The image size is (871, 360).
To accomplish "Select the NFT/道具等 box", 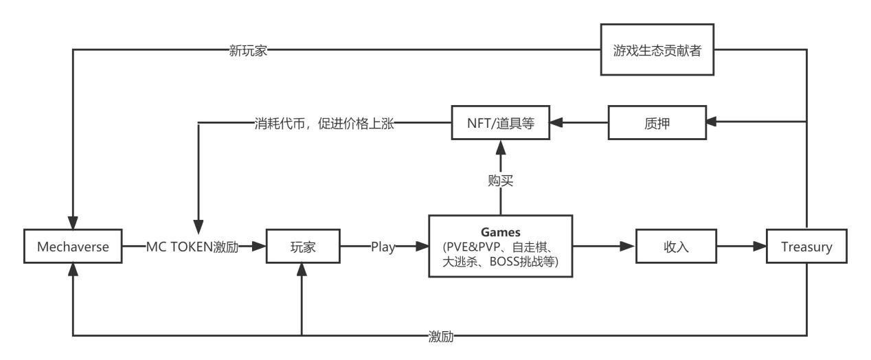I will [500, 124].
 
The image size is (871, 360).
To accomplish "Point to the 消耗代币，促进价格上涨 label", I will [322, 124].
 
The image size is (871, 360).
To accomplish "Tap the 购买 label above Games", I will [500, 181].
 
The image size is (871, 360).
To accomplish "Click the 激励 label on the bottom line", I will [440, 336].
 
